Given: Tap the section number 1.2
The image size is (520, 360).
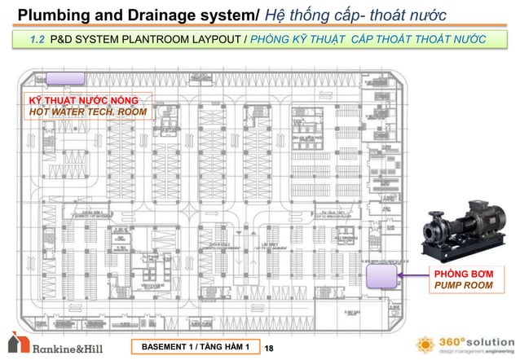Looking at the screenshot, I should [x=36, y=39].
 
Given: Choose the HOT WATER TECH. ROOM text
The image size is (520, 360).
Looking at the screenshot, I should [x=78, y=112].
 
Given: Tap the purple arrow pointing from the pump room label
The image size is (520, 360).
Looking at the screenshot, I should [x=411, y=276].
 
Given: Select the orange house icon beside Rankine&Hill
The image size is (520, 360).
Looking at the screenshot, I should [x=18, y=345].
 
